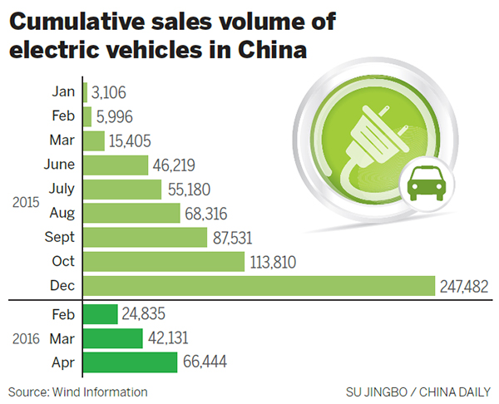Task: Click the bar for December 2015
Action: (x=258, y=285)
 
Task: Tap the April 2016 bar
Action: (x=130, y=362)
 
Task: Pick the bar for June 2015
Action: (x=116, y=165)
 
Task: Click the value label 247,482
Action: (x=463, y=285)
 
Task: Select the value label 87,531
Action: (x=235, y=237)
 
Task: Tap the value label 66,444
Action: (x=205, y=362)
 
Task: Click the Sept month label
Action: (x=59, y=237)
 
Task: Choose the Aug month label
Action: (x=62, y=213)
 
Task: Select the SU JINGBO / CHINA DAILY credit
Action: (x=419, y=392)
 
